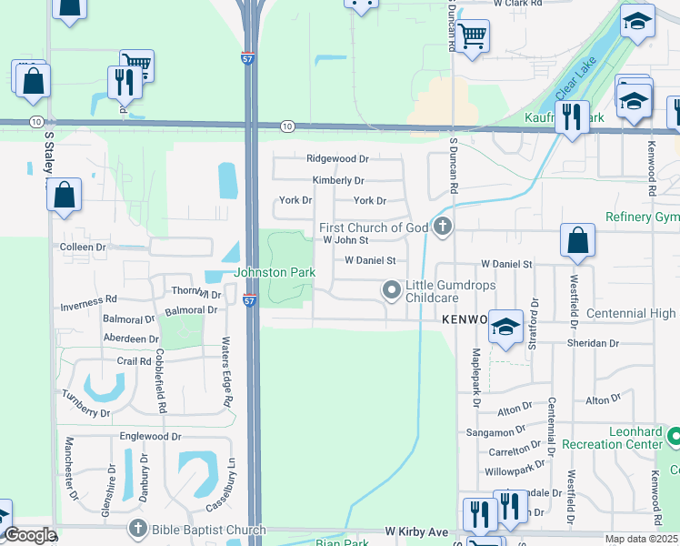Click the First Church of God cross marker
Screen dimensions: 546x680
point(443,227)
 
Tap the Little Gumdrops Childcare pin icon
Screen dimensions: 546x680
point(392,290)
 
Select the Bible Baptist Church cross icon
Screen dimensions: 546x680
point(137,529)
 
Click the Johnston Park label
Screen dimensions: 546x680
point(275,272)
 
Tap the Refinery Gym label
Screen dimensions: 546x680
point(642,217)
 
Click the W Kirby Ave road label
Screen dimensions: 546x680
point(416,531)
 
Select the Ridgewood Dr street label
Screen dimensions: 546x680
point(337,158)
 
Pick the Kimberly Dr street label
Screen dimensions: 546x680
point(338,181)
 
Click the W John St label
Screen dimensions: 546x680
point(345,240)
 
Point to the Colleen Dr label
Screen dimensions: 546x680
point(83,247)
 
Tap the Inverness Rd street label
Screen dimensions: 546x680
point(88,299)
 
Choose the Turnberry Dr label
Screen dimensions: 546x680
point(86,412)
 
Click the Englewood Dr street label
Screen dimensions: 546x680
point(151,437)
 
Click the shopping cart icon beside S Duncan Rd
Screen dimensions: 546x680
point(472,37)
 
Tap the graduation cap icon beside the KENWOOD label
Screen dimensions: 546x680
point(505,327)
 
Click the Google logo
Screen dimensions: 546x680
point(29,536)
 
